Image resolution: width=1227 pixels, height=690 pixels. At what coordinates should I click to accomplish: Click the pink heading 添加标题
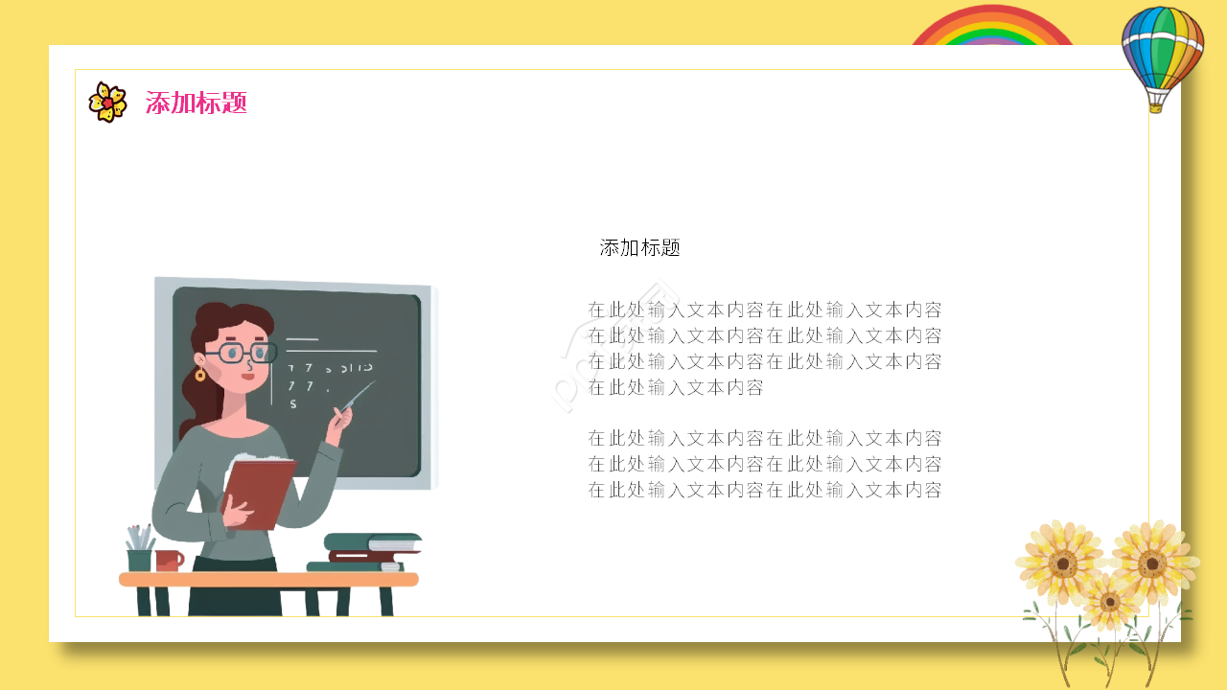(197, 103)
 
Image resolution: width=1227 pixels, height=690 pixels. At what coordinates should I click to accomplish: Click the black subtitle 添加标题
(640, 248)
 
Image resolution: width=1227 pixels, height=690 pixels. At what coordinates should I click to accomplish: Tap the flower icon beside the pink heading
(107, 103)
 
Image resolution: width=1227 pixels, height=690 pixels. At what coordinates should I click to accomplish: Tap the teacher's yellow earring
(200, 375)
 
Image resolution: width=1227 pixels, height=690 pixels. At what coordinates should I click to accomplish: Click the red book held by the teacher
(258, 492)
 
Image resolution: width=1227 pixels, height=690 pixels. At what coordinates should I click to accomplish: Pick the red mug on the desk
(169, 561)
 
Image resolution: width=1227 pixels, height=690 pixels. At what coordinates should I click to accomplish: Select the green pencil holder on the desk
(140, 558)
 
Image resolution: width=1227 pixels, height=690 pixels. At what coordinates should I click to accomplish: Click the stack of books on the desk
(369, 553)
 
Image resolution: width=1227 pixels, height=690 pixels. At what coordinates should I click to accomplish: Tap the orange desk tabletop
(268, 580)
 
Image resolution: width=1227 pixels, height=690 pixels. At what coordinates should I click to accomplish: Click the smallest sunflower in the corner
(1110, 602)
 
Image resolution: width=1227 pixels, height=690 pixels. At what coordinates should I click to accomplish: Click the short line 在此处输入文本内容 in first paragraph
(676, 387)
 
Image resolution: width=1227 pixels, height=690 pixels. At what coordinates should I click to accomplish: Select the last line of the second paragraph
(765, 491)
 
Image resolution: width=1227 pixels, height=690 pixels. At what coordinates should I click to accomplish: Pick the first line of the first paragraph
(765, 310)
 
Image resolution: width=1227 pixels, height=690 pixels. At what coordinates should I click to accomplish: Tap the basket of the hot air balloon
(1155, 105)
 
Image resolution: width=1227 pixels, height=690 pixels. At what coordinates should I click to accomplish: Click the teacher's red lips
(248, 376)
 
